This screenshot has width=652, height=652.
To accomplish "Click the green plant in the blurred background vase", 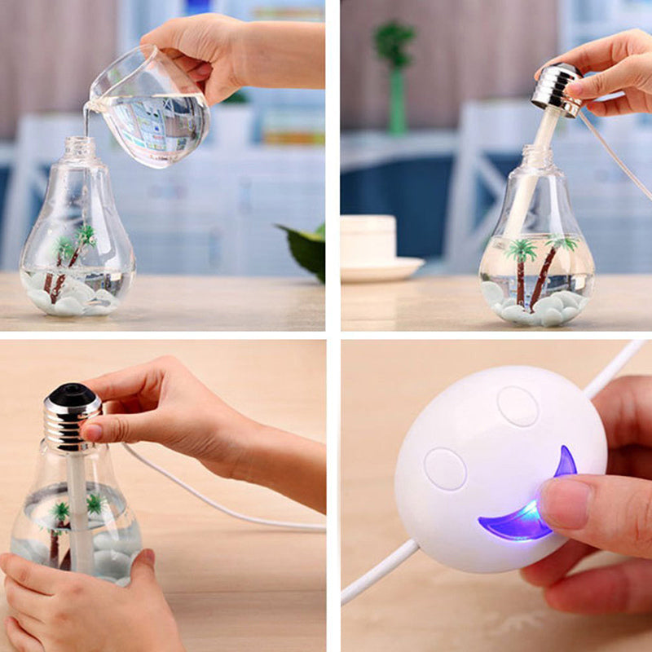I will pos(394,45).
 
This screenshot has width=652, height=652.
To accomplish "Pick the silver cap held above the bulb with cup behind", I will pos(557,88).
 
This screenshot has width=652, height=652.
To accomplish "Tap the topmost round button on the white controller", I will pos(518,405).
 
